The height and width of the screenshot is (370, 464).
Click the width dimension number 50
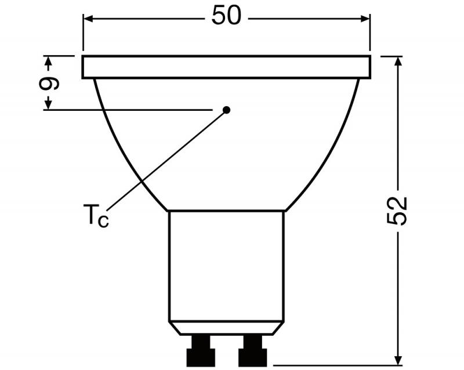[226, 16]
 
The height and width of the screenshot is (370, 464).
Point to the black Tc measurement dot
[227, 110]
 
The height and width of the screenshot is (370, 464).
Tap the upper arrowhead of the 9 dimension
[49, 61]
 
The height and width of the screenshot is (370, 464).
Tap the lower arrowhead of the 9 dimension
[49, 104]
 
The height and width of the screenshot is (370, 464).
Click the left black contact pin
[201, 351]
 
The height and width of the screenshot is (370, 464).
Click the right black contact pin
[252, 351]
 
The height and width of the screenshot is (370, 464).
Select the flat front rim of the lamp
[226, 67]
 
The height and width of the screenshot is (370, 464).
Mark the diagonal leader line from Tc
[168, 159]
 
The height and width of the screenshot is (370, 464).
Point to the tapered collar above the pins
[226, 328]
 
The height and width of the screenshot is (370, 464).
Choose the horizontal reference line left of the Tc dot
[128, 110]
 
